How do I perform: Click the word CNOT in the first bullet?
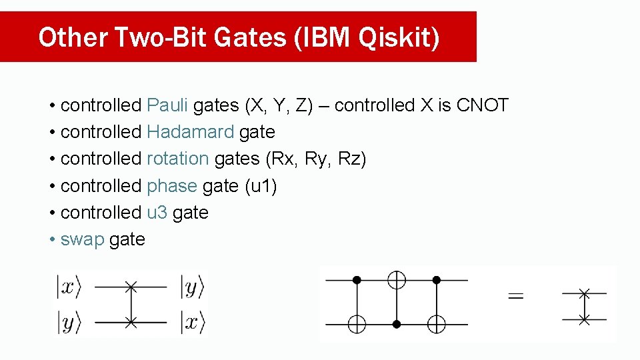click(x=483, y=105)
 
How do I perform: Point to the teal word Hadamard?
click(x=190, y=132)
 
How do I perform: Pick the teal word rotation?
click(x=178, y=159)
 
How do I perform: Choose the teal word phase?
click(x=172, y=186)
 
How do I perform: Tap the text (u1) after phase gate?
click(x=261, y=186)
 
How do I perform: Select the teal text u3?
click(x=157, y=213)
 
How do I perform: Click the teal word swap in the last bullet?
click(x=82, y=239)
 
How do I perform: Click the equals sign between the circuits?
click(x=515, y=295)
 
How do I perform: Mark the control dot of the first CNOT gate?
click(x=357, y=280)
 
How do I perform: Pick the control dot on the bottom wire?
click(x=397, y=324)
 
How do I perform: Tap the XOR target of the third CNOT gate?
click(x=437, y=324)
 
